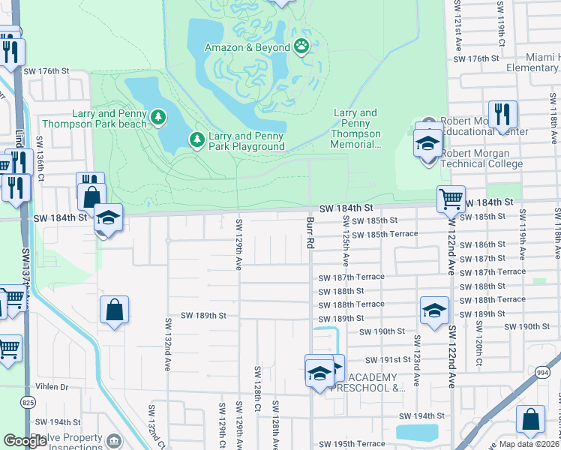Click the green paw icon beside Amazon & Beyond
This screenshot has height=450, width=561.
[301, 47]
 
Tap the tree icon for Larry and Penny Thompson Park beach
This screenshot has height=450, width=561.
[158, 117]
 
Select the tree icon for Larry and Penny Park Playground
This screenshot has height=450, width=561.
[196, 139]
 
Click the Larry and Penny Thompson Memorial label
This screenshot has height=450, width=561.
[356, 129]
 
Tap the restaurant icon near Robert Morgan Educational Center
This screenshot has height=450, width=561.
[503, 115]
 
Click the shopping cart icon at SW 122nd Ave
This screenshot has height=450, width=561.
[451, 199]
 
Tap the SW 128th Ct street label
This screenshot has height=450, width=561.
[256, 384]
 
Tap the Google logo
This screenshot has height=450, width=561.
[25, 440]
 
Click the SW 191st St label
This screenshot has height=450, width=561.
[388, 360]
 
